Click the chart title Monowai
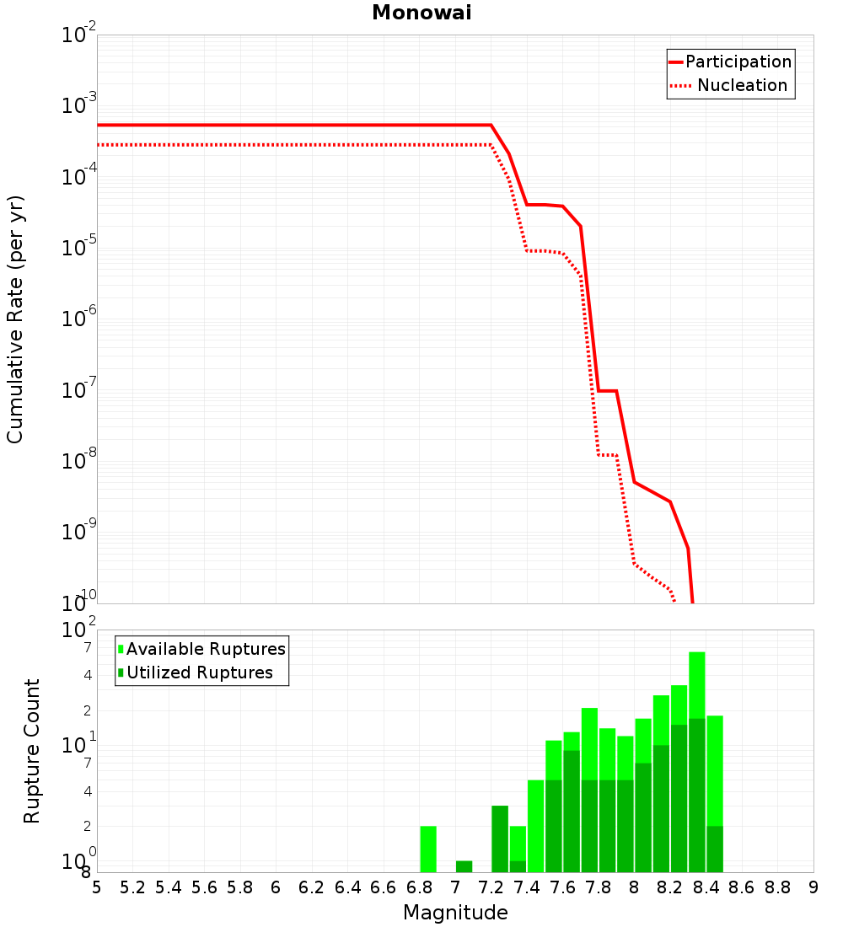coord(421,13)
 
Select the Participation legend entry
coord(730,62)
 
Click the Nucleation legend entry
coord(729,85)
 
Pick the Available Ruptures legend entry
coord(201,649)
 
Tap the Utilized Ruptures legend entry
coord(196,672)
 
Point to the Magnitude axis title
coord(455,912)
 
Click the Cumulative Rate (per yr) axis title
coord(15,319)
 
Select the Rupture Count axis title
coord(31,751)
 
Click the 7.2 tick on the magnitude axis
coord(491,887)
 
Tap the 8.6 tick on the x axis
coord(742,887)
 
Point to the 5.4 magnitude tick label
coord(169,887)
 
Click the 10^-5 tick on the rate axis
coord(78,246)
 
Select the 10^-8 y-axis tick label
coord(78,459)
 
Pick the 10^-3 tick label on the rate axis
coord(78,104)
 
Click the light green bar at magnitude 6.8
coord(428,849)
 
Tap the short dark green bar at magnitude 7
coord(464,866)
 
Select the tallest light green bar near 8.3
coord(697,685)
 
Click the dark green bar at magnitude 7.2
coord(500,839)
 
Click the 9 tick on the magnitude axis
coord(813,887)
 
